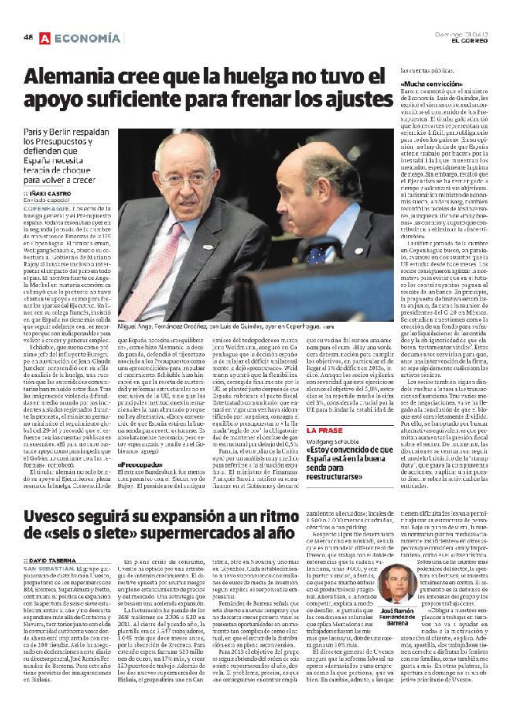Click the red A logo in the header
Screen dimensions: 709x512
45,37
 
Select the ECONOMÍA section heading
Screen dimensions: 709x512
88,37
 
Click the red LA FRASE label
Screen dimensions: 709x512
323,429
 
